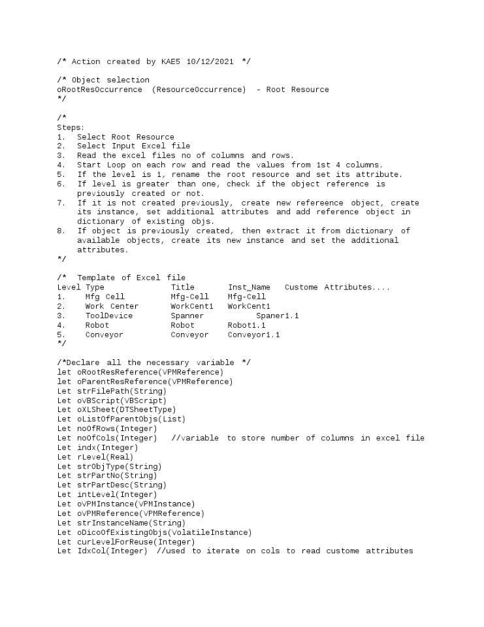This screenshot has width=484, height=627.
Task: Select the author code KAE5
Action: (x=172, y=61)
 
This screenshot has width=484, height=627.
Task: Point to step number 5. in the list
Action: (x=61, y=174)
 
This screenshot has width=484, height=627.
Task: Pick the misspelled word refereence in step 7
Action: (x=320, y=202)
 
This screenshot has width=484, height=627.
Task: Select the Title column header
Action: (x=182, y=287)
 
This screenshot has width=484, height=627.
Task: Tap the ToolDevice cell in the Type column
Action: (x=108, y=315)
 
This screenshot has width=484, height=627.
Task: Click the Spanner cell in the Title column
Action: (x=187, y=315)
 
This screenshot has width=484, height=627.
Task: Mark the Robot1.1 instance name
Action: (x=246, y=325)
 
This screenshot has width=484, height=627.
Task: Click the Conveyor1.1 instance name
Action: (x=253, y=334)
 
